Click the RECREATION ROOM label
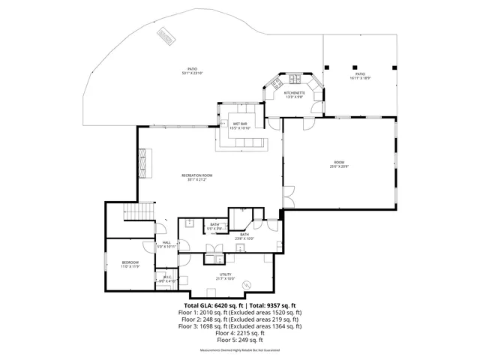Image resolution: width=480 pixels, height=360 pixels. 198,175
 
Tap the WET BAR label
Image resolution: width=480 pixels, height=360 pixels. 239,124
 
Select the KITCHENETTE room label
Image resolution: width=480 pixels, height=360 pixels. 293,92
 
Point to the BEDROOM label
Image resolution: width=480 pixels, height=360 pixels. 131,262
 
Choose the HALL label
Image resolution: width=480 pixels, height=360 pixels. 166,242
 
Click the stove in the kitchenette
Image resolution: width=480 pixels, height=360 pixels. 294,80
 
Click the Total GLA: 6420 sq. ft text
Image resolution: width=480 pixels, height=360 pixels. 210,306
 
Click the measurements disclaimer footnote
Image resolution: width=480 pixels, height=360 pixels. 240,350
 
